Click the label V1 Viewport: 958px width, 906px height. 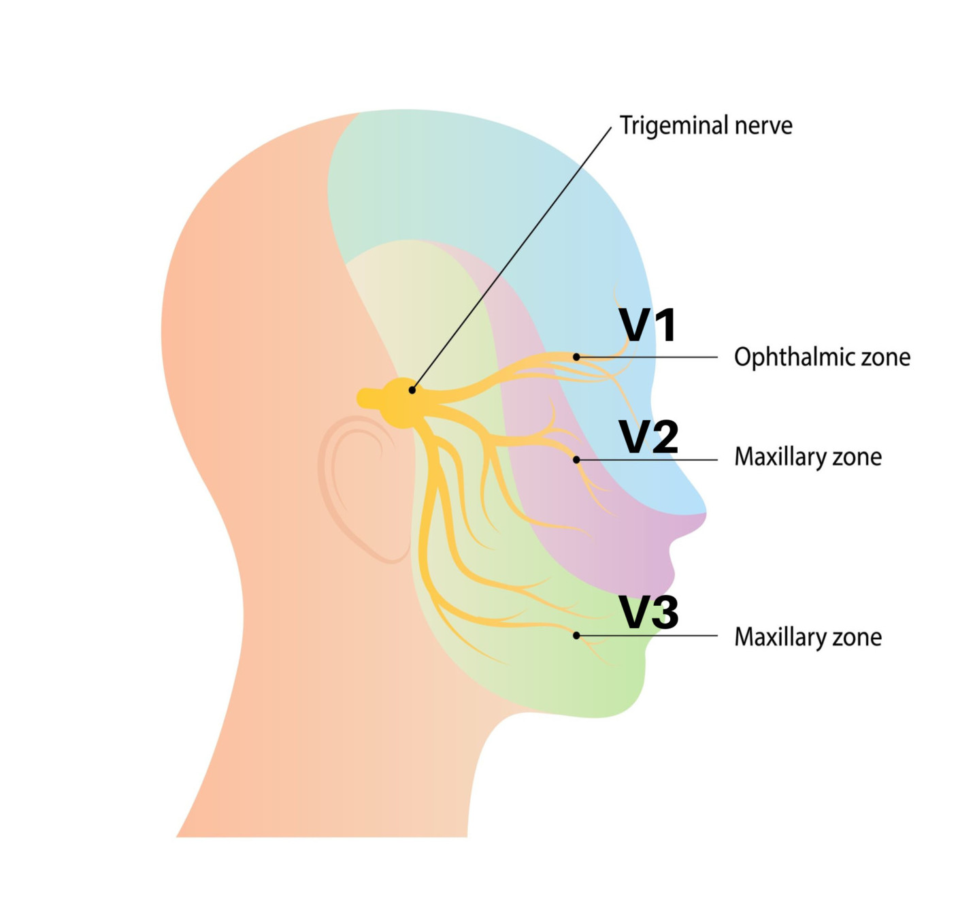tap(648, 325)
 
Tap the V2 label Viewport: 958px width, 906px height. tap(648, 437)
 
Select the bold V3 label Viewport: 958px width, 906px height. tap(648, 612)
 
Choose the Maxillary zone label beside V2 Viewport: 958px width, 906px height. tap(808, 457)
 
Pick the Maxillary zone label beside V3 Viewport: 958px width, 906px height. tap(808, 637)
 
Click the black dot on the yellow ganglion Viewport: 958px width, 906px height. tap(412, 390)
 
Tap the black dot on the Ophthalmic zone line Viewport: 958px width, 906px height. tap(576, 357)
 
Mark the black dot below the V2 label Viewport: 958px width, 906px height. tap(576, 460)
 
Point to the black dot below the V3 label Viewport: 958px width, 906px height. tap(576, 636)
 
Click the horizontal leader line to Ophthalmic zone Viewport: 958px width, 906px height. tap(653, 357)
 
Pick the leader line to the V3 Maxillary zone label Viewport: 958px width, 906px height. tap(653, 636)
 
